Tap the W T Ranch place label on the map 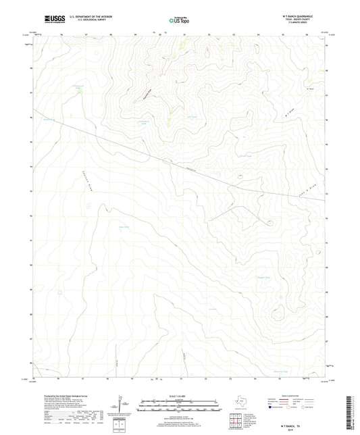(311, 88)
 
